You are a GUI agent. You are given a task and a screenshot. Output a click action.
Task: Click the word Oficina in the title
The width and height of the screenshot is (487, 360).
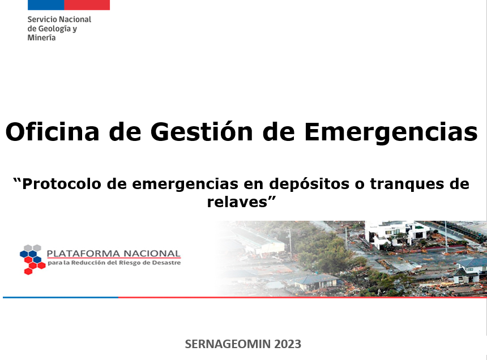click(x=53, y=131)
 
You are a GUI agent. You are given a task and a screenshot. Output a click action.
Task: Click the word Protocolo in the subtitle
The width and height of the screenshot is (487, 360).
click(x=62, y=184)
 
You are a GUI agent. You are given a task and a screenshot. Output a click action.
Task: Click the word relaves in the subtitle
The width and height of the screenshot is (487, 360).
click(x=237, y=202)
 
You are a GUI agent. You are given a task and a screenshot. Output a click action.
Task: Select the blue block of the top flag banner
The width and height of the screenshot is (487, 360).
click(x=46, y=5)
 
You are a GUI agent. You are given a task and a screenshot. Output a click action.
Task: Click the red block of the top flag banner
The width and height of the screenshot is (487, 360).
click(x=87, y=5)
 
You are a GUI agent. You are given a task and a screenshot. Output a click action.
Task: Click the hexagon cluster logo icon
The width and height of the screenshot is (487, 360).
click(x=33, y=259)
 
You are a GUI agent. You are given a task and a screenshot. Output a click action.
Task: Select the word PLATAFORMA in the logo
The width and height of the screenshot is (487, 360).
click(x=83, y=254)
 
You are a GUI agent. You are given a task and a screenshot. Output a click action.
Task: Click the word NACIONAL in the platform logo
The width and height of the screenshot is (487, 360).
click(x=152, y=254)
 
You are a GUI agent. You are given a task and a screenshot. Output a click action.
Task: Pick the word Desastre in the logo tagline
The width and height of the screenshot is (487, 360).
click(x=168, y=263)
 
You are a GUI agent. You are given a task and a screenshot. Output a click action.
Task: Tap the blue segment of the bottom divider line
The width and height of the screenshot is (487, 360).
click(x=61, y=297)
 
